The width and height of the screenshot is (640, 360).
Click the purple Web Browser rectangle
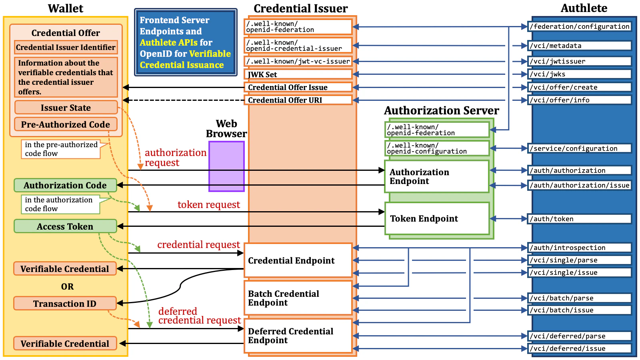[226, 166]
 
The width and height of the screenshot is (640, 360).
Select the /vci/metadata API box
[580, 46]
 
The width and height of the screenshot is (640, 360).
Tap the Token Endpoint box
[437, 218]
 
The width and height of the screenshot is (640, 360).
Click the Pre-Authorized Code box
[66, 124]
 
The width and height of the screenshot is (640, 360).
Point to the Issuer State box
[66, 108]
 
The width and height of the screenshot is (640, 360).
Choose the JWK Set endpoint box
[298, 74]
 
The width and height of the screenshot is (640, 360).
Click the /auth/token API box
[580, 219]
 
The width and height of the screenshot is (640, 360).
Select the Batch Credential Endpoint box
[298, 298]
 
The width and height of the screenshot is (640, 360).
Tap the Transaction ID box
[65, 304]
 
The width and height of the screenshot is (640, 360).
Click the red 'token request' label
[209, 205]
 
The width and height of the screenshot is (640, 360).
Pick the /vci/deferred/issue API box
[580, 348]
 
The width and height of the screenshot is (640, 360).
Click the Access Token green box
[65, 226]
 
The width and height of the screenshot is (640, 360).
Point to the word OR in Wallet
[67, 286]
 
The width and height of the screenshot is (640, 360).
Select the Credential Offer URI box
[298, 100]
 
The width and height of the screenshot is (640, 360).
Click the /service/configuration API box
[580, 148]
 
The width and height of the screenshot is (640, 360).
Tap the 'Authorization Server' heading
[441, 110]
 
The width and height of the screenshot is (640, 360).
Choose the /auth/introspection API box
[580, 248]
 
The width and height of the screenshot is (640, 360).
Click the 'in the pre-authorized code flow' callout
[61, 149]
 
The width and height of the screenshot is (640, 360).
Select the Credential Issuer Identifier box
[66, 47]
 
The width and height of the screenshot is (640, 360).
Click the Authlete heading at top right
[584, 8]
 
